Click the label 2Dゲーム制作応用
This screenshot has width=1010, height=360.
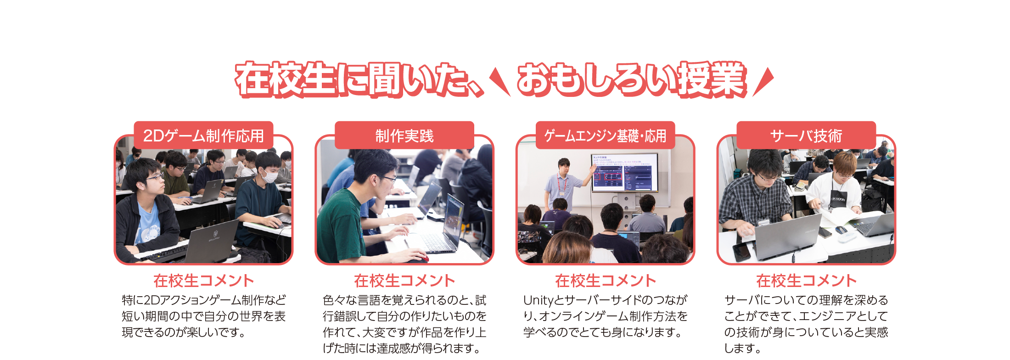coord(203,135)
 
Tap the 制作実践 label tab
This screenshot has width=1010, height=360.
coord(404,135)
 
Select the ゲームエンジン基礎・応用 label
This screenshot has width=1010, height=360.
coord(606,135)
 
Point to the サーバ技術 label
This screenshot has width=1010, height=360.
coord(806,135)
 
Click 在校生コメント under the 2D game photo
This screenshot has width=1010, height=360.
coord(203,281)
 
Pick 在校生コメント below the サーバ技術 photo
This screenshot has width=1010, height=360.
coord(806,281)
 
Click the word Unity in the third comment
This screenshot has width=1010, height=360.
coord(539,300)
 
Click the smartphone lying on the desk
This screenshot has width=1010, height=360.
coord(741,251)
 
